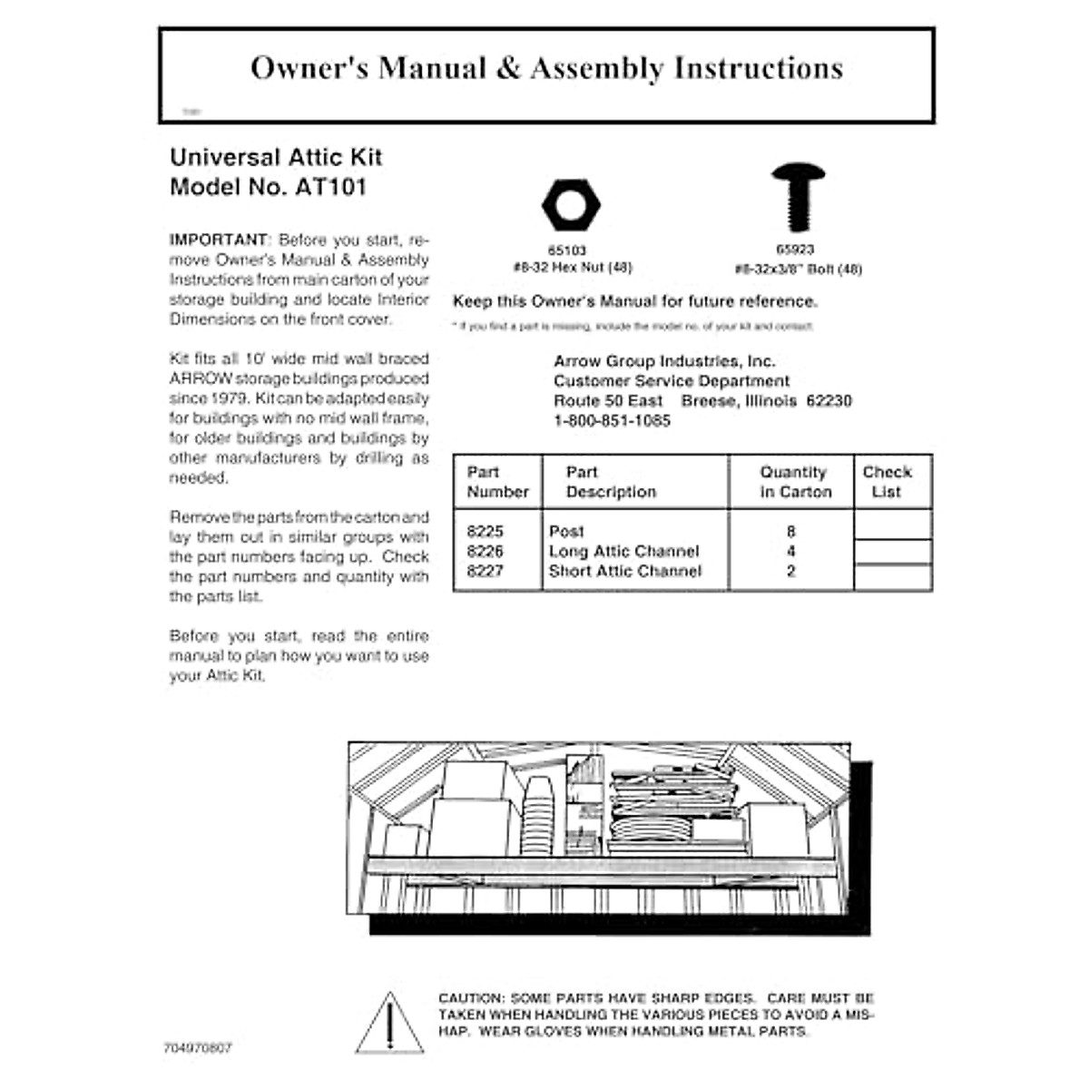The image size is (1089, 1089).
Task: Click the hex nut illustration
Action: tap(571, 204)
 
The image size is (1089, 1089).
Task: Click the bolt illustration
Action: tap(798, 197)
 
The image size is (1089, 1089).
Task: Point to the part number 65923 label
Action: tap(795, 250)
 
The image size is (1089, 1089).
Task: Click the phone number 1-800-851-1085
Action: tap(612, 421)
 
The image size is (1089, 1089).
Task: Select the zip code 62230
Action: tap(829, 401)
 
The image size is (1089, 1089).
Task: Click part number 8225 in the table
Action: tap(485, 532)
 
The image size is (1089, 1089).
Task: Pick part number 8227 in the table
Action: tap(485, 572)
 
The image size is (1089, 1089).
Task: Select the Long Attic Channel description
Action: tap(623, 552)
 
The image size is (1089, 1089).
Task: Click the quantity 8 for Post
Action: tap(791, 532)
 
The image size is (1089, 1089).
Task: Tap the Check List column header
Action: tap(887, 482)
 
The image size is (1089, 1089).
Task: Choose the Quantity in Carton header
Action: tap(794, 482)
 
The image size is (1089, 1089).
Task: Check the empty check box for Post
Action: tap(892, 525)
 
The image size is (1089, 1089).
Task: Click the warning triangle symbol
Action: tap(389, 1024)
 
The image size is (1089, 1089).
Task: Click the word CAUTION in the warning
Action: tap(470, 998)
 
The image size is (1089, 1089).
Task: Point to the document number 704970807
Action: tap(198, 1048)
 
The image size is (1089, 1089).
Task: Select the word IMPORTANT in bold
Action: tap(219, 240)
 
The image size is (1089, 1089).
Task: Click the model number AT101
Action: tap(330, 187)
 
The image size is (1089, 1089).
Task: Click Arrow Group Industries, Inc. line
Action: tap(664, 361)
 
